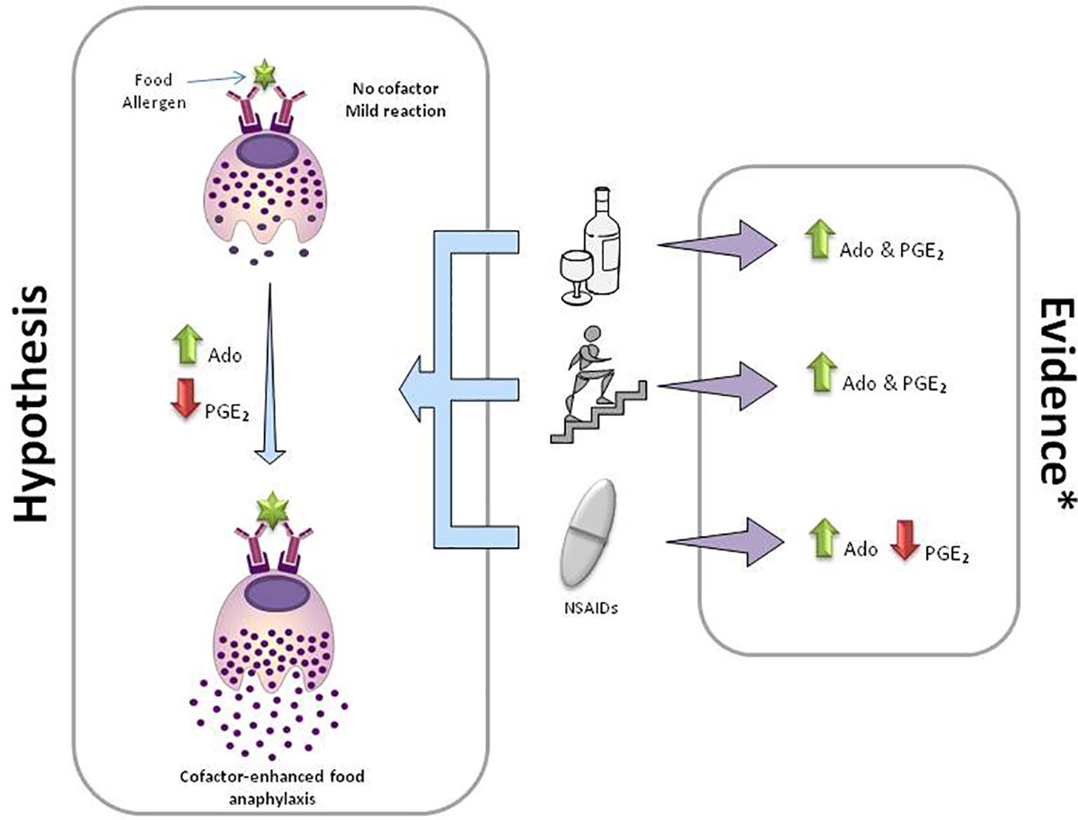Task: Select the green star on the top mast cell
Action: click(x=263, y=75)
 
